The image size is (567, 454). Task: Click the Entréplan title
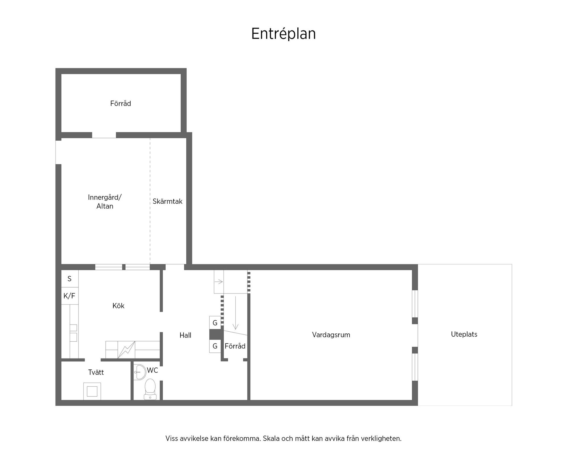(x=283, y=34)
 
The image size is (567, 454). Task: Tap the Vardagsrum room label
(x=331, y=335)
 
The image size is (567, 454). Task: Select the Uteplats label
(x=464, y=334)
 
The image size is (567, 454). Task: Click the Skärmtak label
(x=167, y=201)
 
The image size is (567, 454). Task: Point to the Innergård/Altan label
(x=105, y=202)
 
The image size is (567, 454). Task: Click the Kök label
(x=118, y=306)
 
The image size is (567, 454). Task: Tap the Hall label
(x=185, y=335)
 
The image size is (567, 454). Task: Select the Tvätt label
(x=96, y=372)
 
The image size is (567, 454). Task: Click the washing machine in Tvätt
(x=92, y=391)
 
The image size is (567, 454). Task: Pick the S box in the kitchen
(x=70, y=279)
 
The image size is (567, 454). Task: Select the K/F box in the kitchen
(x=69, y=296)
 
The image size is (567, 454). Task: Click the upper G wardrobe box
(x=215, y=323)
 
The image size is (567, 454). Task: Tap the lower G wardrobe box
(x=215, y=346)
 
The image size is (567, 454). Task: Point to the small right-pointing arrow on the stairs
(x=219, y=282)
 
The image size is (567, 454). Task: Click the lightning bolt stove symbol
(x=126, y=350)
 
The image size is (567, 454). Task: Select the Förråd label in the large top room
(x=120, y=103)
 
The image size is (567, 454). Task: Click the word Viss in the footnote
(x=172, y=438)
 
